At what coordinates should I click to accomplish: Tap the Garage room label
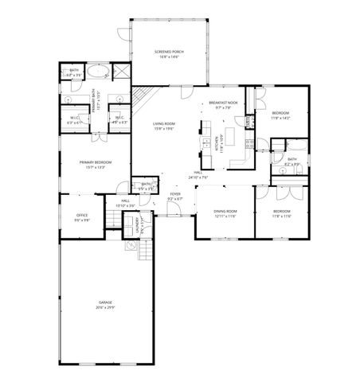pyautogui.click(x=105, y=303)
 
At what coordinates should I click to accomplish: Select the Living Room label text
pyautogui.click(x=164, y=123)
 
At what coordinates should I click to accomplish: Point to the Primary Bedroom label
pyautogui.click(x=95, y=162)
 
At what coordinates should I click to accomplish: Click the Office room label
pyautogui.click(x=81, y=215)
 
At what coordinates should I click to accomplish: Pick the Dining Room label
pyautogui.click(x=226, y=211)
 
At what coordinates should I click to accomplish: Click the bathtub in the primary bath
pyautogui.click(x=76, y=69)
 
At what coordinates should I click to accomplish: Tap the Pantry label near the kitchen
pyautogui.click(x=249, y=121)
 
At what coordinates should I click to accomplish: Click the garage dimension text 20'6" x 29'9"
pyautogui.click(x=105, y=307)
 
